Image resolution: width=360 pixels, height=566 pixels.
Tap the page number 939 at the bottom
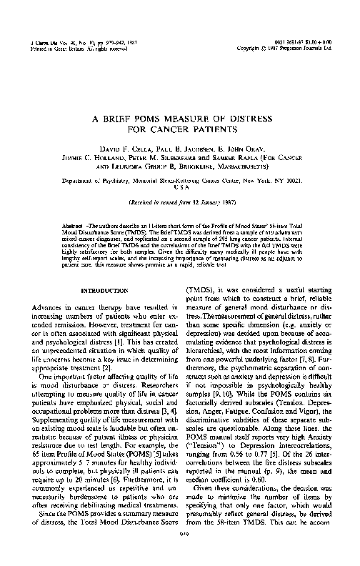pos(179,552)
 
